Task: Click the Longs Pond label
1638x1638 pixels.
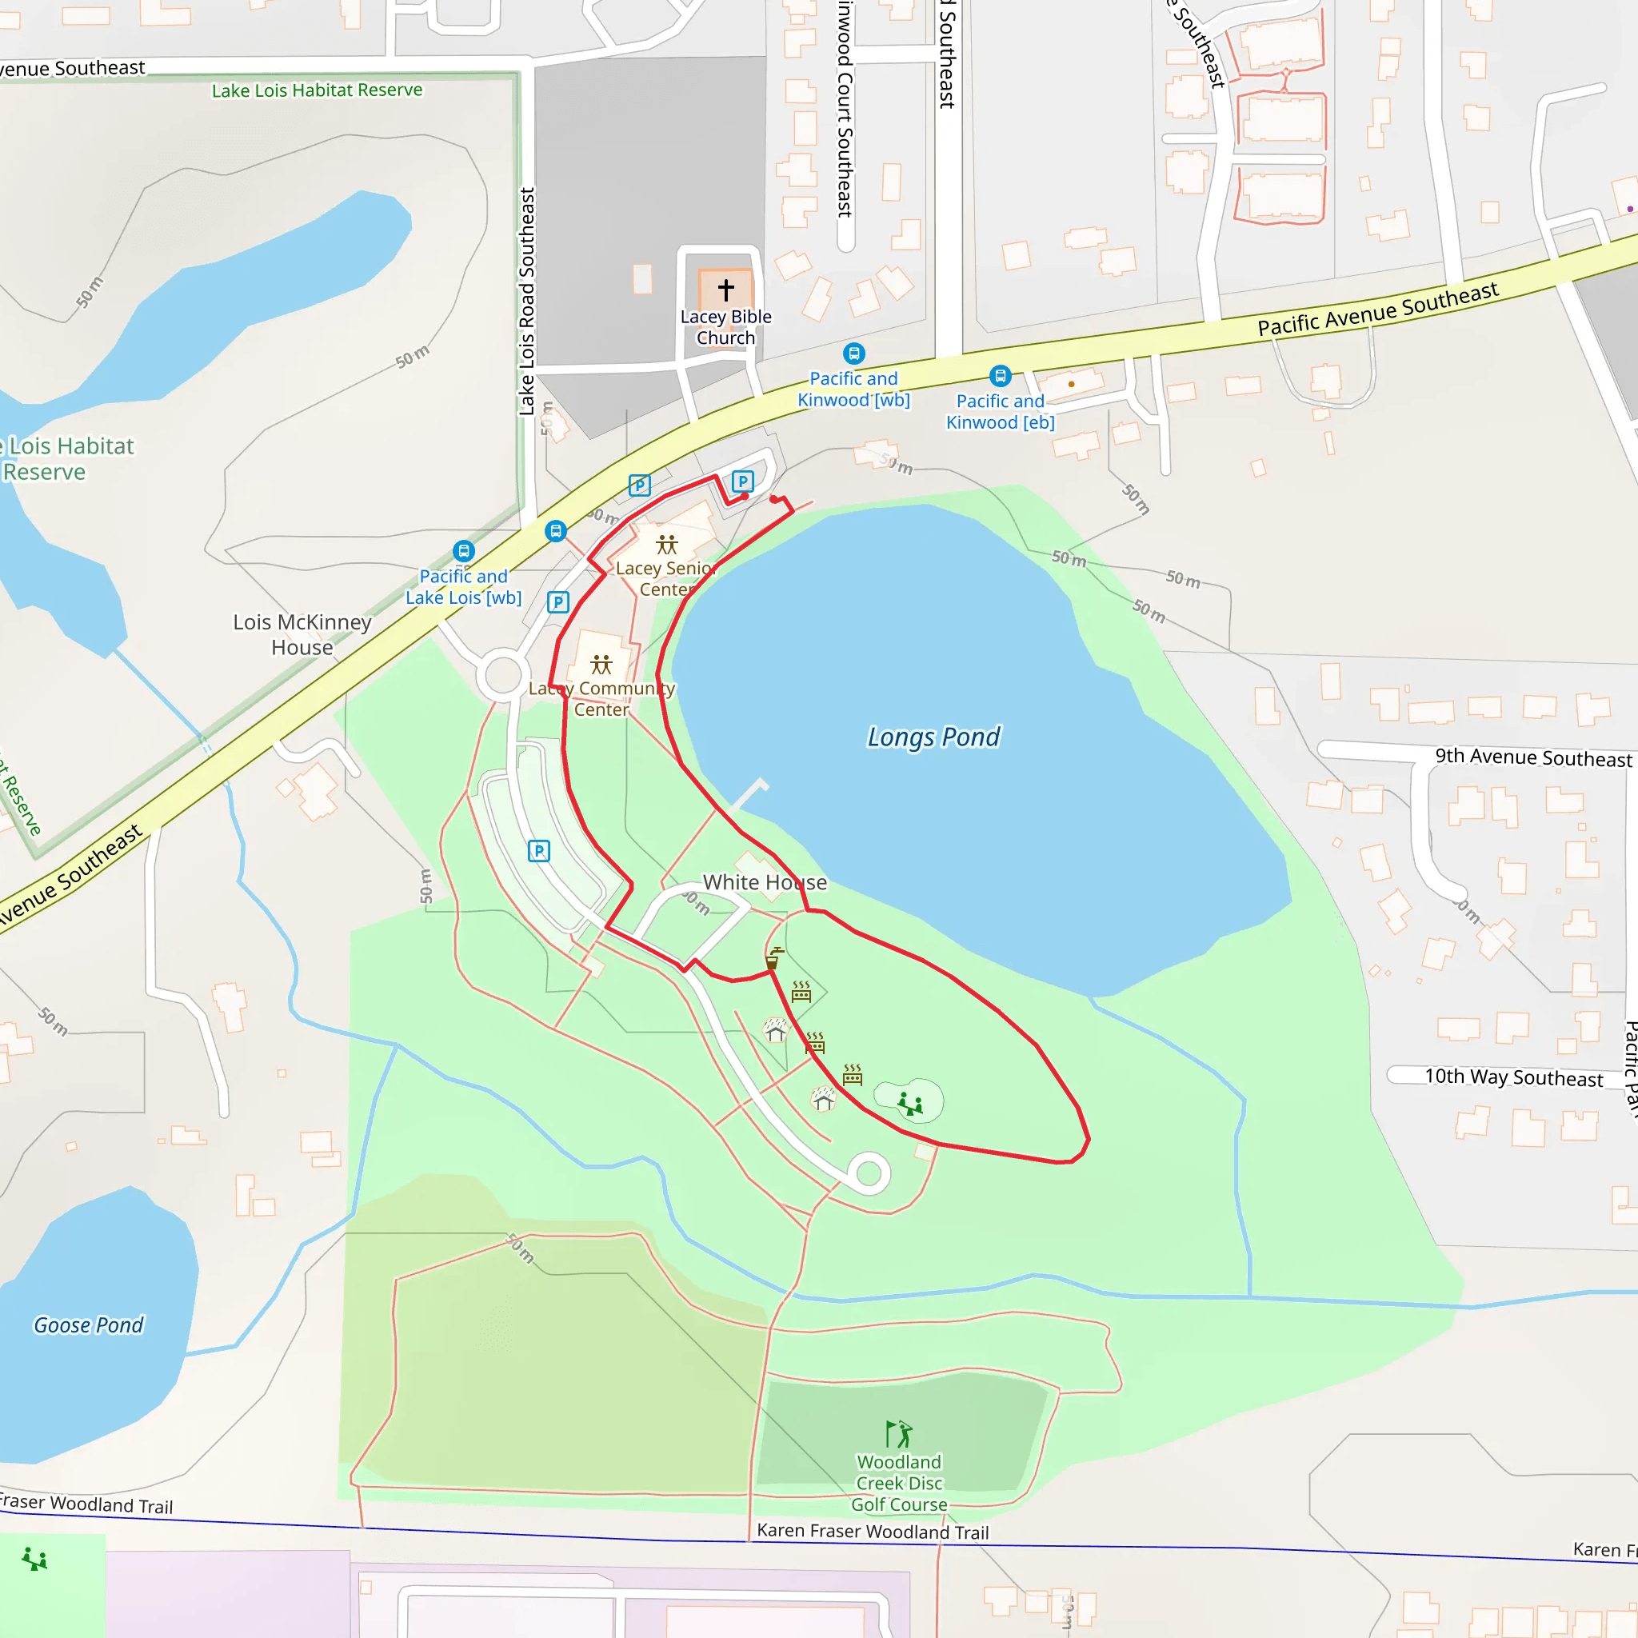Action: click(933, 737)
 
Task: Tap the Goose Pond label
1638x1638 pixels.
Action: click(88, 1325)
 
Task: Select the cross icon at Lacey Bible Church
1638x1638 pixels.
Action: click(725, 290)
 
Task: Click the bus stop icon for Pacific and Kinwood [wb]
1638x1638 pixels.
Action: click(853, 353)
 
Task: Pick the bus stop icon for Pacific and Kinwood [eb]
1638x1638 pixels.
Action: click(1001, 376)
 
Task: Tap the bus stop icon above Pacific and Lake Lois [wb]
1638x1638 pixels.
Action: click(464, 551)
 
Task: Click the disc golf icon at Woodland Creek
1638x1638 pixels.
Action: click(899, 1435)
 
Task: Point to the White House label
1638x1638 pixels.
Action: click(765, 883)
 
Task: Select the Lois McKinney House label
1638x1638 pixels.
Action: click(302, 634)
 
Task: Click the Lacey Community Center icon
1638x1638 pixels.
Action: click(601, 664)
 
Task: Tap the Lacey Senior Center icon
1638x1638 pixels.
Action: click(667, 545)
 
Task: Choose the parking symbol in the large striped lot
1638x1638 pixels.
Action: click(539, 850)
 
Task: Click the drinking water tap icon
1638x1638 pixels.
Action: click(774, 958)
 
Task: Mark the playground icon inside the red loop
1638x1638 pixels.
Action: click(910, 1103)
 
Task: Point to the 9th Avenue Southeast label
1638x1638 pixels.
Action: click(1533, 758)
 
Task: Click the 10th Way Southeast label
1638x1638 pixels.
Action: click(1513, 1077)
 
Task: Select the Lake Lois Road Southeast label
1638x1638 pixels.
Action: click(526, 302)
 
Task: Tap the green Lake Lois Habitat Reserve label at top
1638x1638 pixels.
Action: click(317, 90)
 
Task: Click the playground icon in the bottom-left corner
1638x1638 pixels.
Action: click(34, 1558)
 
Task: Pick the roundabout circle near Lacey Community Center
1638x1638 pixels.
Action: click(504, 676)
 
